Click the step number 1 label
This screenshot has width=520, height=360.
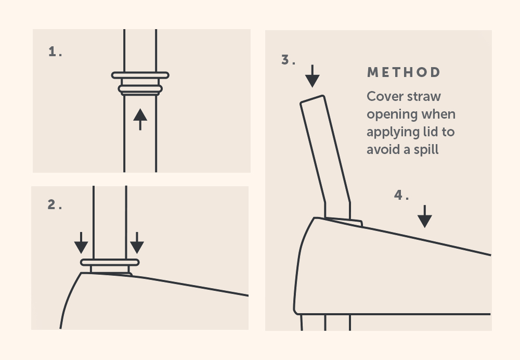[x=55, y=52]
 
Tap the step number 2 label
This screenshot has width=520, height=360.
[x=55, y=204]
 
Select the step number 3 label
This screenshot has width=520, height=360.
[x=288, y=60]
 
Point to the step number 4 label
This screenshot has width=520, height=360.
[x=401, y=195]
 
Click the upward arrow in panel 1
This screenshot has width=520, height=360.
[x=140, y=119]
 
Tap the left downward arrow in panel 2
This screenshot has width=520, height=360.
[x=81, y=243]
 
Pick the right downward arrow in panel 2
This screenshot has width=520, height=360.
[x=137, y=243]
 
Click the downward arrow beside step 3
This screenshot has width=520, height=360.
[x=313, y=76]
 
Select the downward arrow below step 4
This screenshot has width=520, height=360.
[x=425, y=216]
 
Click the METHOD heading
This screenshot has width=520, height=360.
[x=404, y=72]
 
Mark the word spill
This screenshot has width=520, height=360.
[x=426, y=150]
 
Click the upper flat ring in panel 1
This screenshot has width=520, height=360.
[x=140, y=75]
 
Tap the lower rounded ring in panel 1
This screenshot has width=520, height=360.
[x=140, y=89]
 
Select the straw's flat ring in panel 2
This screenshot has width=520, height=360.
[x=110, y=262]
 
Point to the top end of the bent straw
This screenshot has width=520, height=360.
[x=312, y=99]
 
